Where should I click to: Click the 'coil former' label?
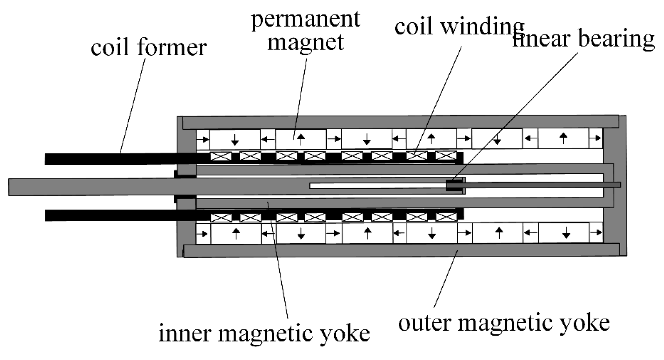pos(148,48)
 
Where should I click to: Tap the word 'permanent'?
pos(305,19)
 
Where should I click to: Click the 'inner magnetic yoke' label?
pos(264,333)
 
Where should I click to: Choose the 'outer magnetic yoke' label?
pos(504,323)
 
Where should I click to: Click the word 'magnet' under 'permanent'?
pos(305,42)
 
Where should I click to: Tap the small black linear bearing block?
pos(454,185)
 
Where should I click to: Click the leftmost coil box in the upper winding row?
pos(221,156)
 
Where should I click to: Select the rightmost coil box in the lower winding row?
pos(446,217)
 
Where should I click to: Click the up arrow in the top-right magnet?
pos(563,138)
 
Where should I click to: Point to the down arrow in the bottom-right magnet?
pos(566,234)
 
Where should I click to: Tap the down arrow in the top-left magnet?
pos(235,139)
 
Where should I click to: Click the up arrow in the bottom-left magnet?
pos(236,234)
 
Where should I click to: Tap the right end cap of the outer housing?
pos(622,186)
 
